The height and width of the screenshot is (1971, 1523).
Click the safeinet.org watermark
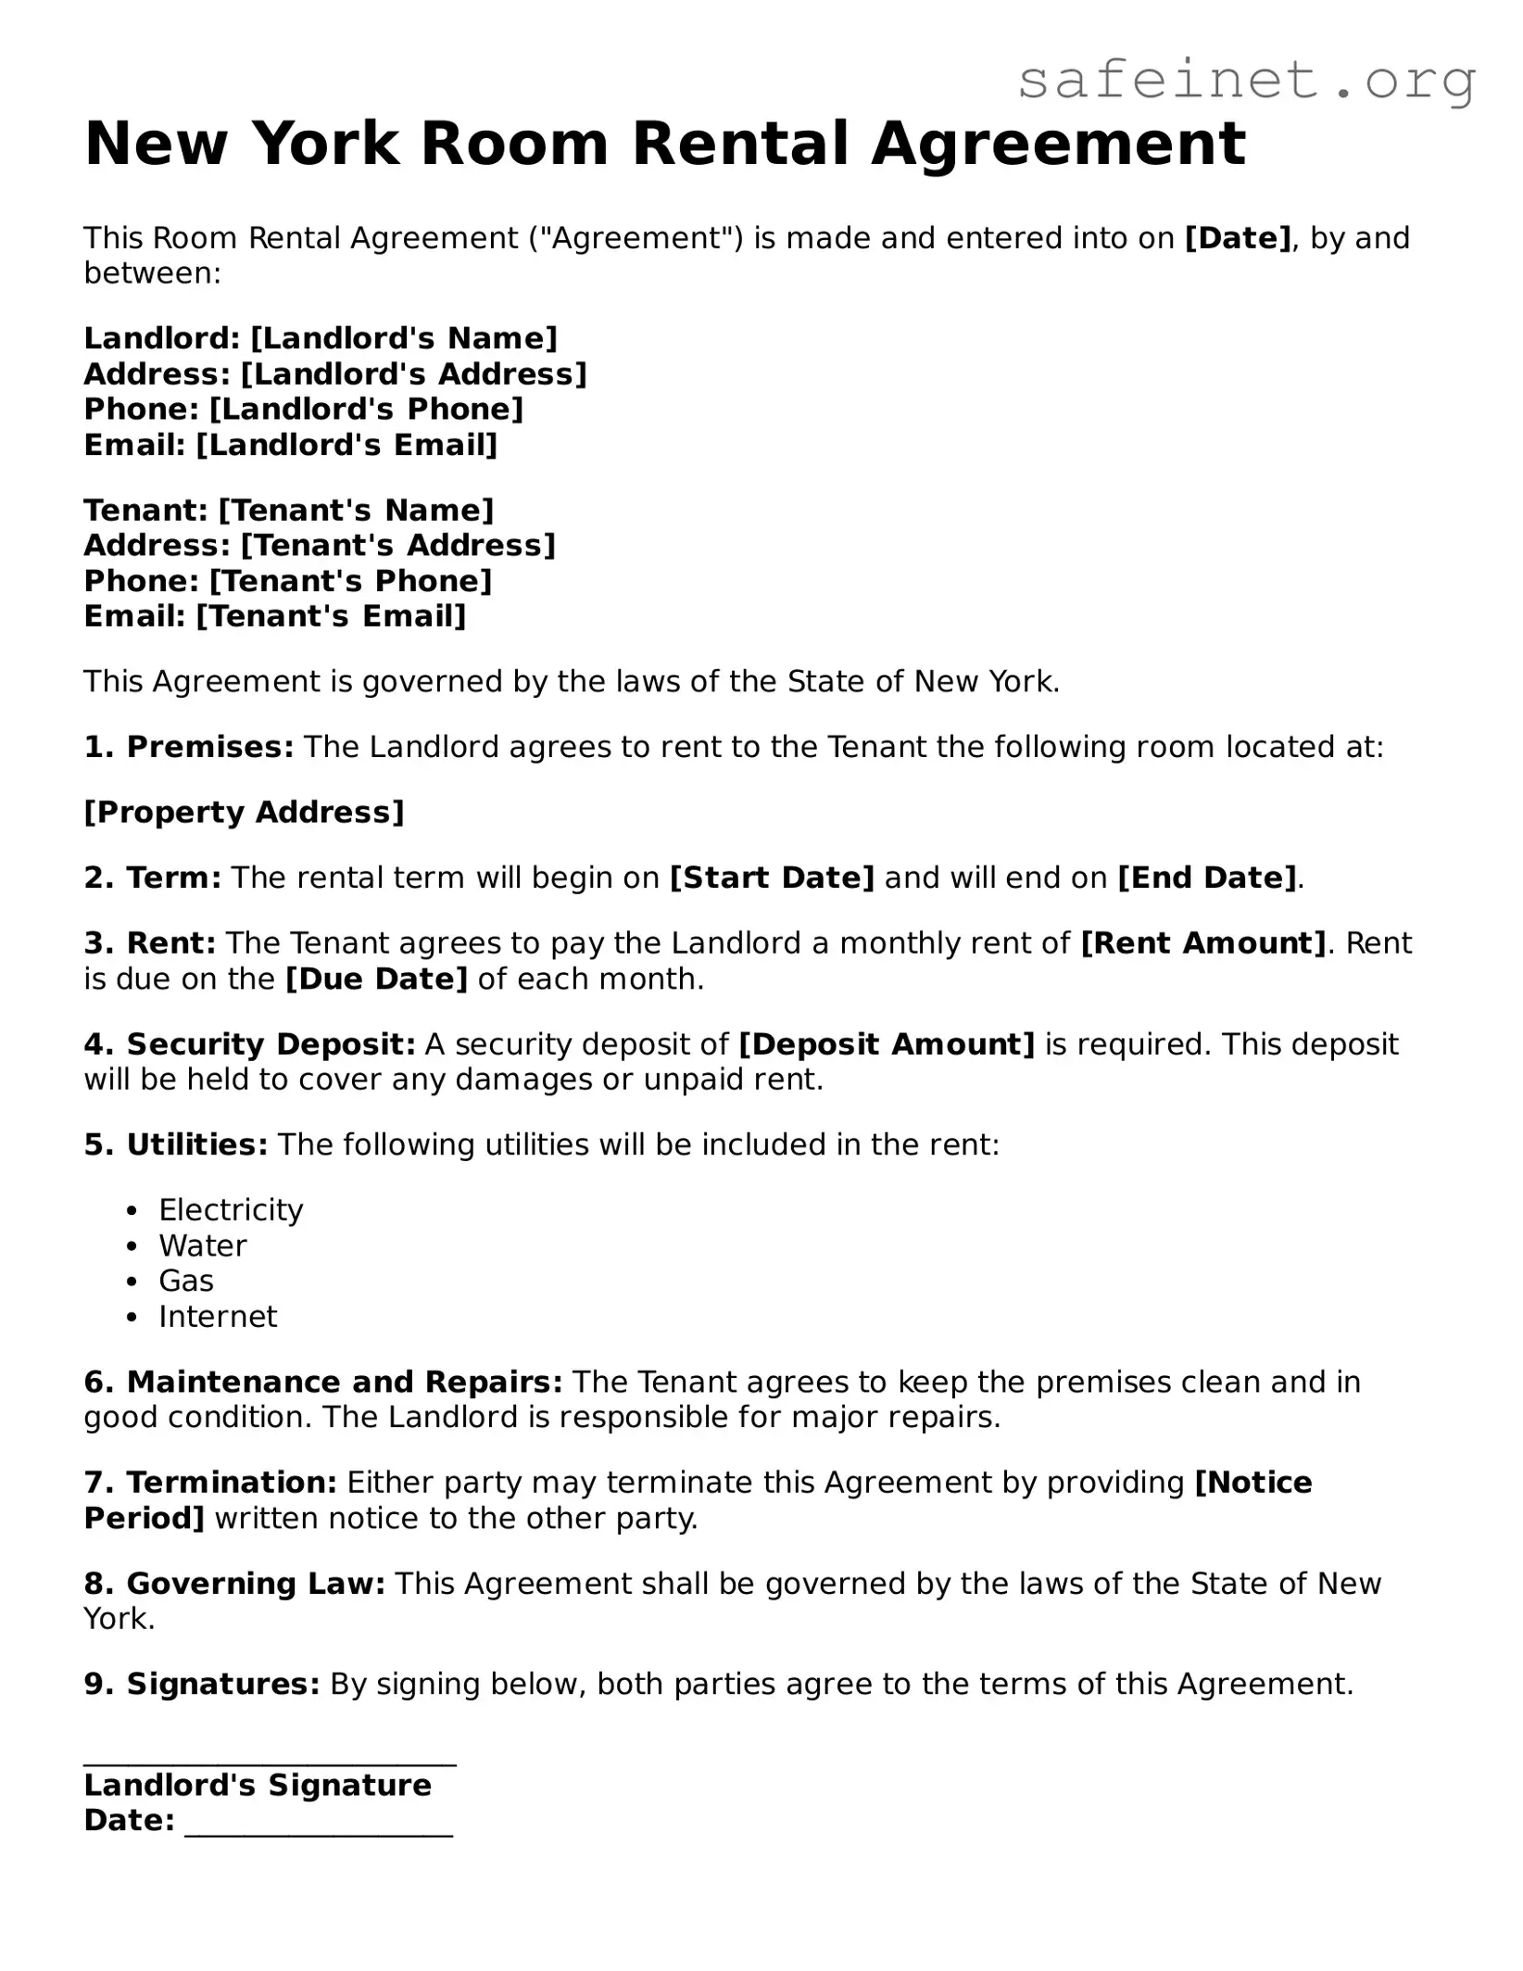1246,81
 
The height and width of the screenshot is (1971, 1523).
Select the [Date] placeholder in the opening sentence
1238,238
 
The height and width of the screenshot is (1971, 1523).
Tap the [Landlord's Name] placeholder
404,338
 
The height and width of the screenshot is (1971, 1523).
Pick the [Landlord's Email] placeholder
346,446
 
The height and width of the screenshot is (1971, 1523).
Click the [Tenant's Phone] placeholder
350,581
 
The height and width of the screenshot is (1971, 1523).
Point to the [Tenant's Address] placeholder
397,545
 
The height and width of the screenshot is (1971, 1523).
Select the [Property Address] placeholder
245,813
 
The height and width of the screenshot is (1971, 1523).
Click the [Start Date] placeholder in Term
772,878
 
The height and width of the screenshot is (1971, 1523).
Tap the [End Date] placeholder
1207,878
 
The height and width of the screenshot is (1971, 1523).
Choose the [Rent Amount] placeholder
1203,943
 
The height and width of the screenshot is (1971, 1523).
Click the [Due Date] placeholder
376,979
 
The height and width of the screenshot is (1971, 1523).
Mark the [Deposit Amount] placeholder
887,1044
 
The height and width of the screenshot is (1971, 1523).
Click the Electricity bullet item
231,1210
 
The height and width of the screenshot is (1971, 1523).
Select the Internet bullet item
218,1317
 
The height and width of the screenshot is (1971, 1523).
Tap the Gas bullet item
186,1282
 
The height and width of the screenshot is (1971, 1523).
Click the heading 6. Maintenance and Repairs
323,1383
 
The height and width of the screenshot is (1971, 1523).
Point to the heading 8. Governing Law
234,1584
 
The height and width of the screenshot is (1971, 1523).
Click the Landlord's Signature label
258,1786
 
